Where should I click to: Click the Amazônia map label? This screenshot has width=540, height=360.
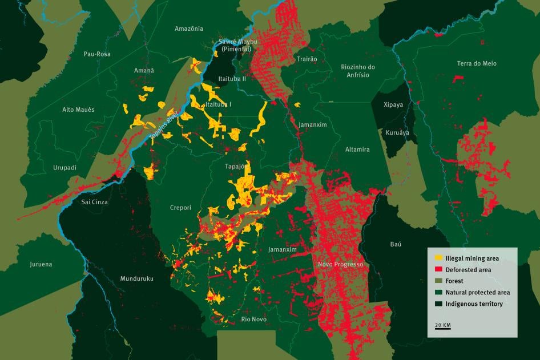click(189, 29)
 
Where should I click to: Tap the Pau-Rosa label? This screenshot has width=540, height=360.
click(97, 54)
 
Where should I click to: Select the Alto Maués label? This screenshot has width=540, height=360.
click(78, 110)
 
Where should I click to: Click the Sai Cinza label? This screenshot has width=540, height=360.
click(95, 202)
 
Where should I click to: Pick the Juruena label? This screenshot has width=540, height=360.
click(41, 264)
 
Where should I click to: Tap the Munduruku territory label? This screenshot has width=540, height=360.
click(137, 279)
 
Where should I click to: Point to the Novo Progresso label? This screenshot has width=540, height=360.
click(340, 265)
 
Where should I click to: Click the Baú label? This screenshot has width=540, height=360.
click(396, 244)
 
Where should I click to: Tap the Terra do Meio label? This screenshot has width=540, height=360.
click(477, 63)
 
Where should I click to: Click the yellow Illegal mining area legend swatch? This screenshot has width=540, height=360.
click(438, 258)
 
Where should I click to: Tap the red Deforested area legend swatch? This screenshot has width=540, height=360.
click(438, 270)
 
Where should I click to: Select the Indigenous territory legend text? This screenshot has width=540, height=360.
click(474, 304)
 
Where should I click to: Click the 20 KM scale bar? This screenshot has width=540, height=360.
click(442, 326)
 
